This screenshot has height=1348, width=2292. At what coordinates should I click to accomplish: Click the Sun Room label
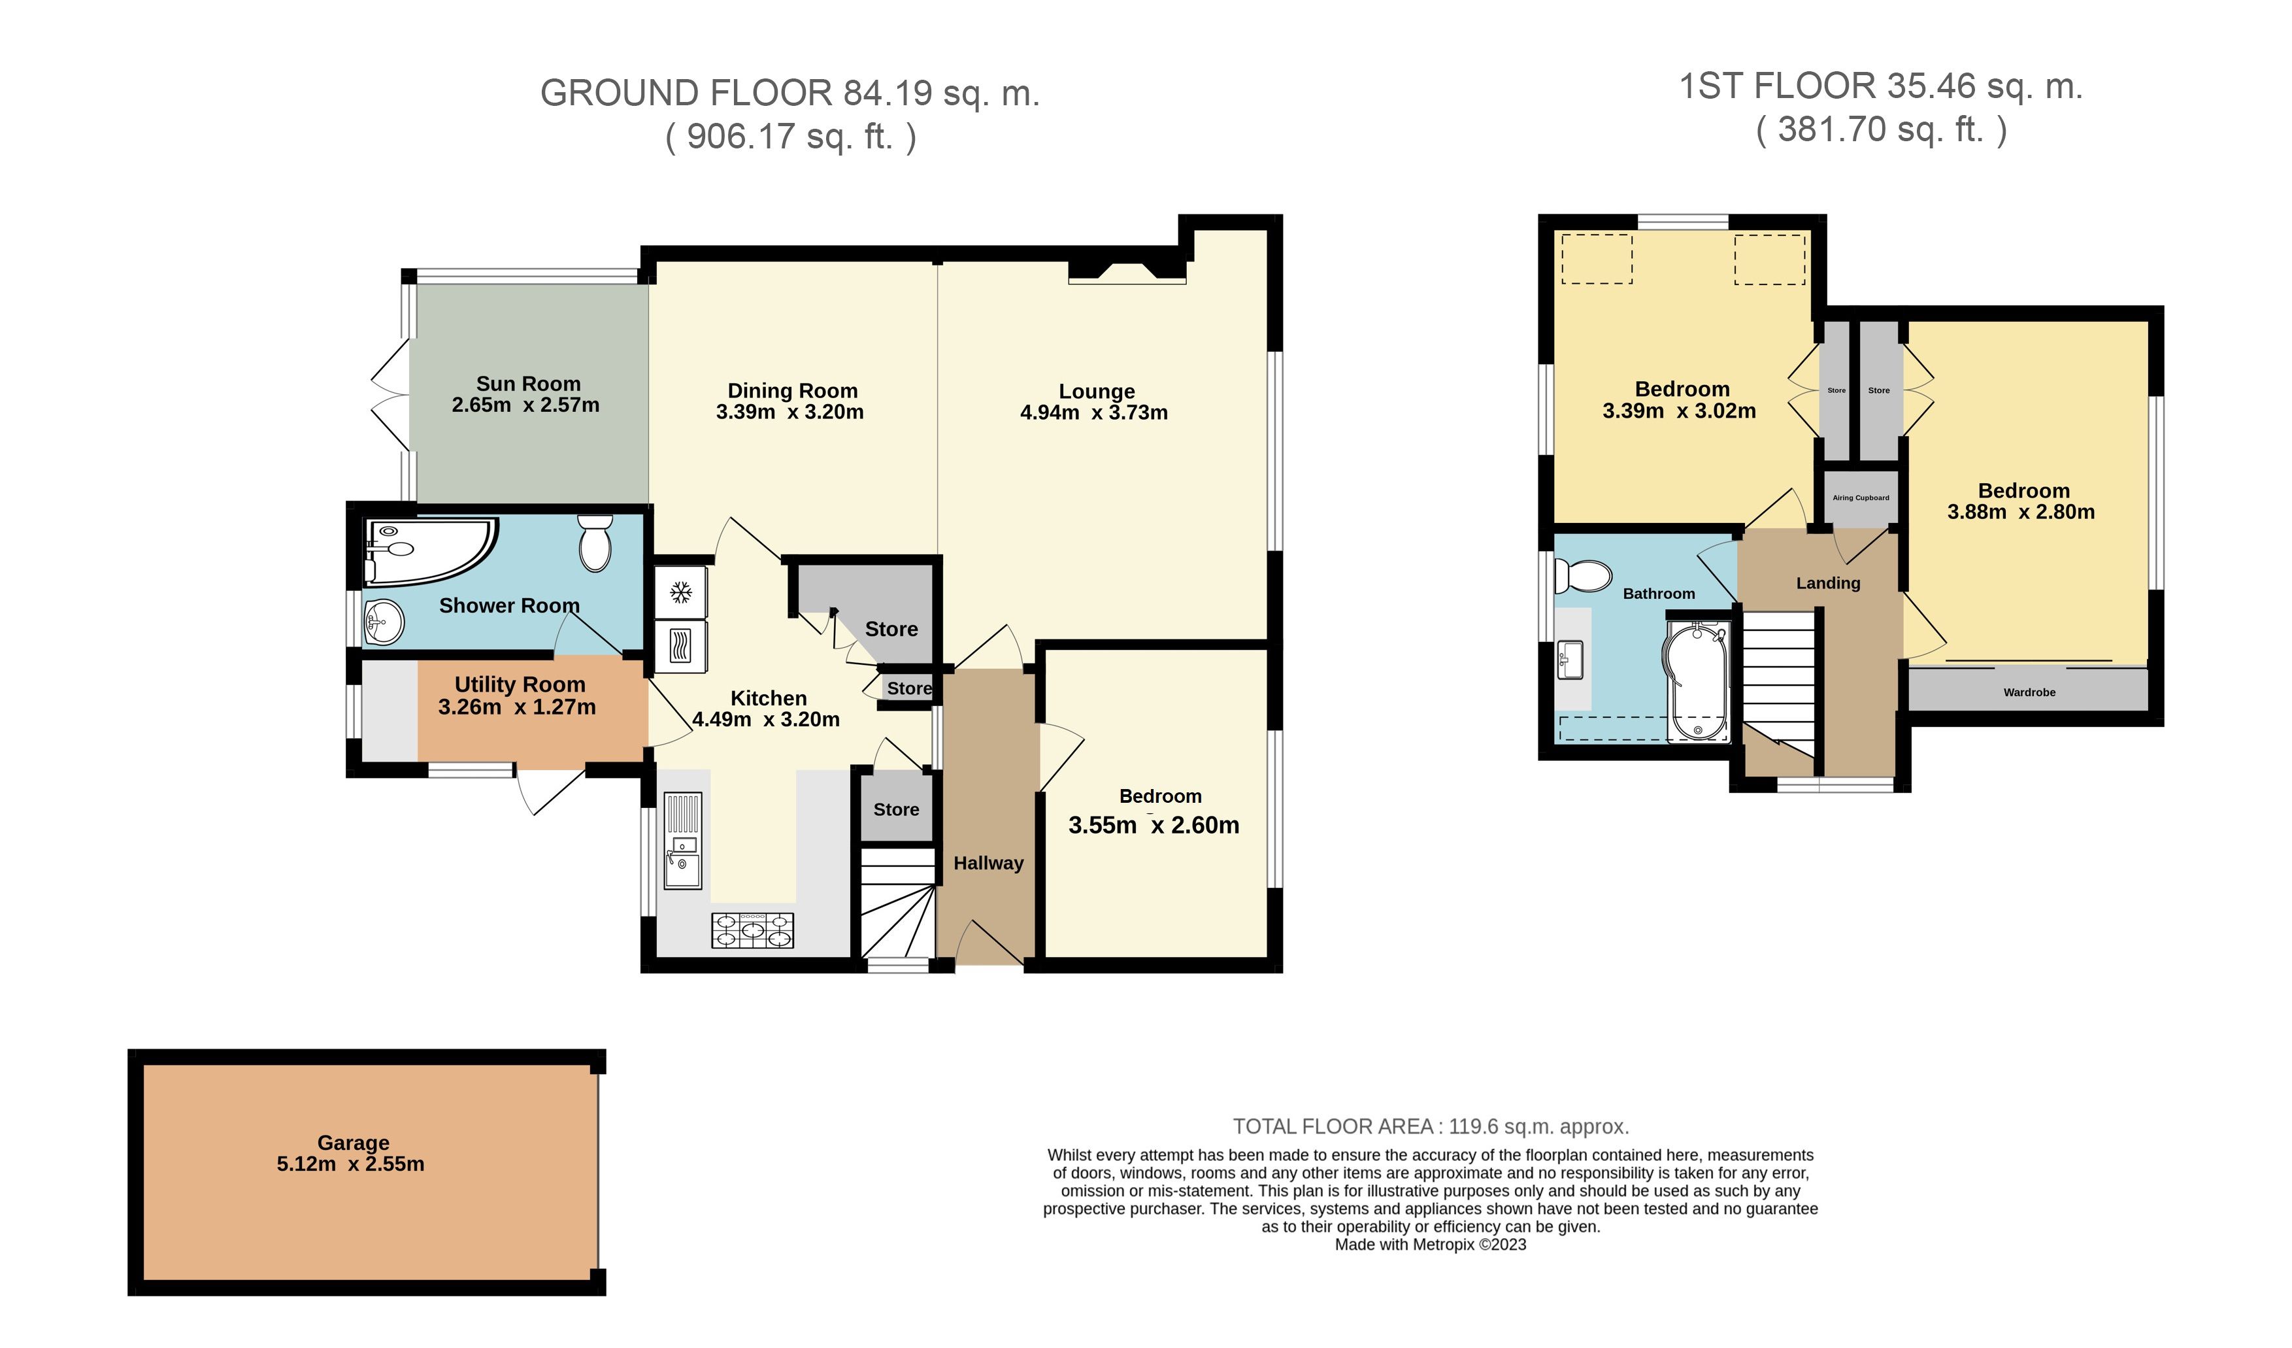coord(527,384)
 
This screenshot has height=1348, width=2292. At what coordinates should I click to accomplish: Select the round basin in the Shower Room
coord(383,624)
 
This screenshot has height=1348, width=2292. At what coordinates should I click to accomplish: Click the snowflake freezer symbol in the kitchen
coord(680,593)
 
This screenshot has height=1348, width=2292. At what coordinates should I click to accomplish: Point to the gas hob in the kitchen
coord(752,930)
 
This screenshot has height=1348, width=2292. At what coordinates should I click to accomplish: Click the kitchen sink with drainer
coord(682,841)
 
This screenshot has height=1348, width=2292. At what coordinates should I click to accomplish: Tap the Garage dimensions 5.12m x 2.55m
coord(350,1164)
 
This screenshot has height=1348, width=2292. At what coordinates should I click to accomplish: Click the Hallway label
coord(988,863)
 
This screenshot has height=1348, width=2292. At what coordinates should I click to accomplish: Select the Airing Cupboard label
coord(1860,497)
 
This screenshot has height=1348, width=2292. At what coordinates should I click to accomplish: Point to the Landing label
coord(1827,583)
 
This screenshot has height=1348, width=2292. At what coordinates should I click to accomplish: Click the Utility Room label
coord(520,684)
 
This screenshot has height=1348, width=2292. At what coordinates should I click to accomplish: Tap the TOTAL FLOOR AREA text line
coord(1430,1126)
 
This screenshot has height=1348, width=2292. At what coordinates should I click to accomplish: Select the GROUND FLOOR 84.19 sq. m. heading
coord(789,93)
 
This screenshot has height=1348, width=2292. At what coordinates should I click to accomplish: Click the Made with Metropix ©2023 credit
coord(1430,1244)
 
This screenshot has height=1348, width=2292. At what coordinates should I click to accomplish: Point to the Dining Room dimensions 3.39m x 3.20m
coord(789,412)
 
